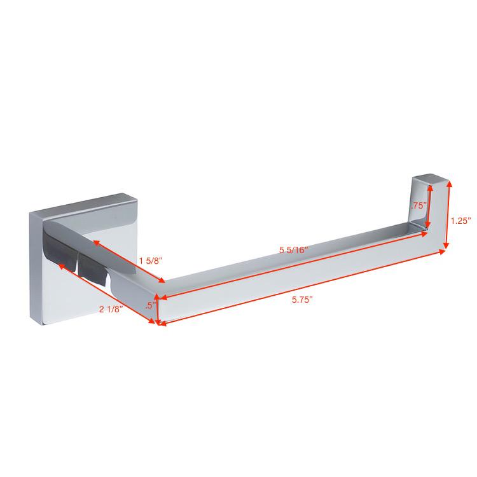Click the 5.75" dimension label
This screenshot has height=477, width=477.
[x=302, y=300]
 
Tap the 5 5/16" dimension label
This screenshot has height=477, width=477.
[x=294, y=250]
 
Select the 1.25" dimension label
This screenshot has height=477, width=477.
[x=461, y=221]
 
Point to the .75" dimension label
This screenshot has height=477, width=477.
[x=418, y=205]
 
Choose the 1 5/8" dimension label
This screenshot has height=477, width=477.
[x=151, y=260]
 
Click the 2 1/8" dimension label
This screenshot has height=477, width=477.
[x=111, y=309]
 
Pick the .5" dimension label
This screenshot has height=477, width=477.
[x=151, y=305]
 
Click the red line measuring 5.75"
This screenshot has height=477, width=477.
[x=301, y=287]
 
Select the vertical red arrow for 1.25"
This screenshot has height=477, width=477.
[x=447, y=215]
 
